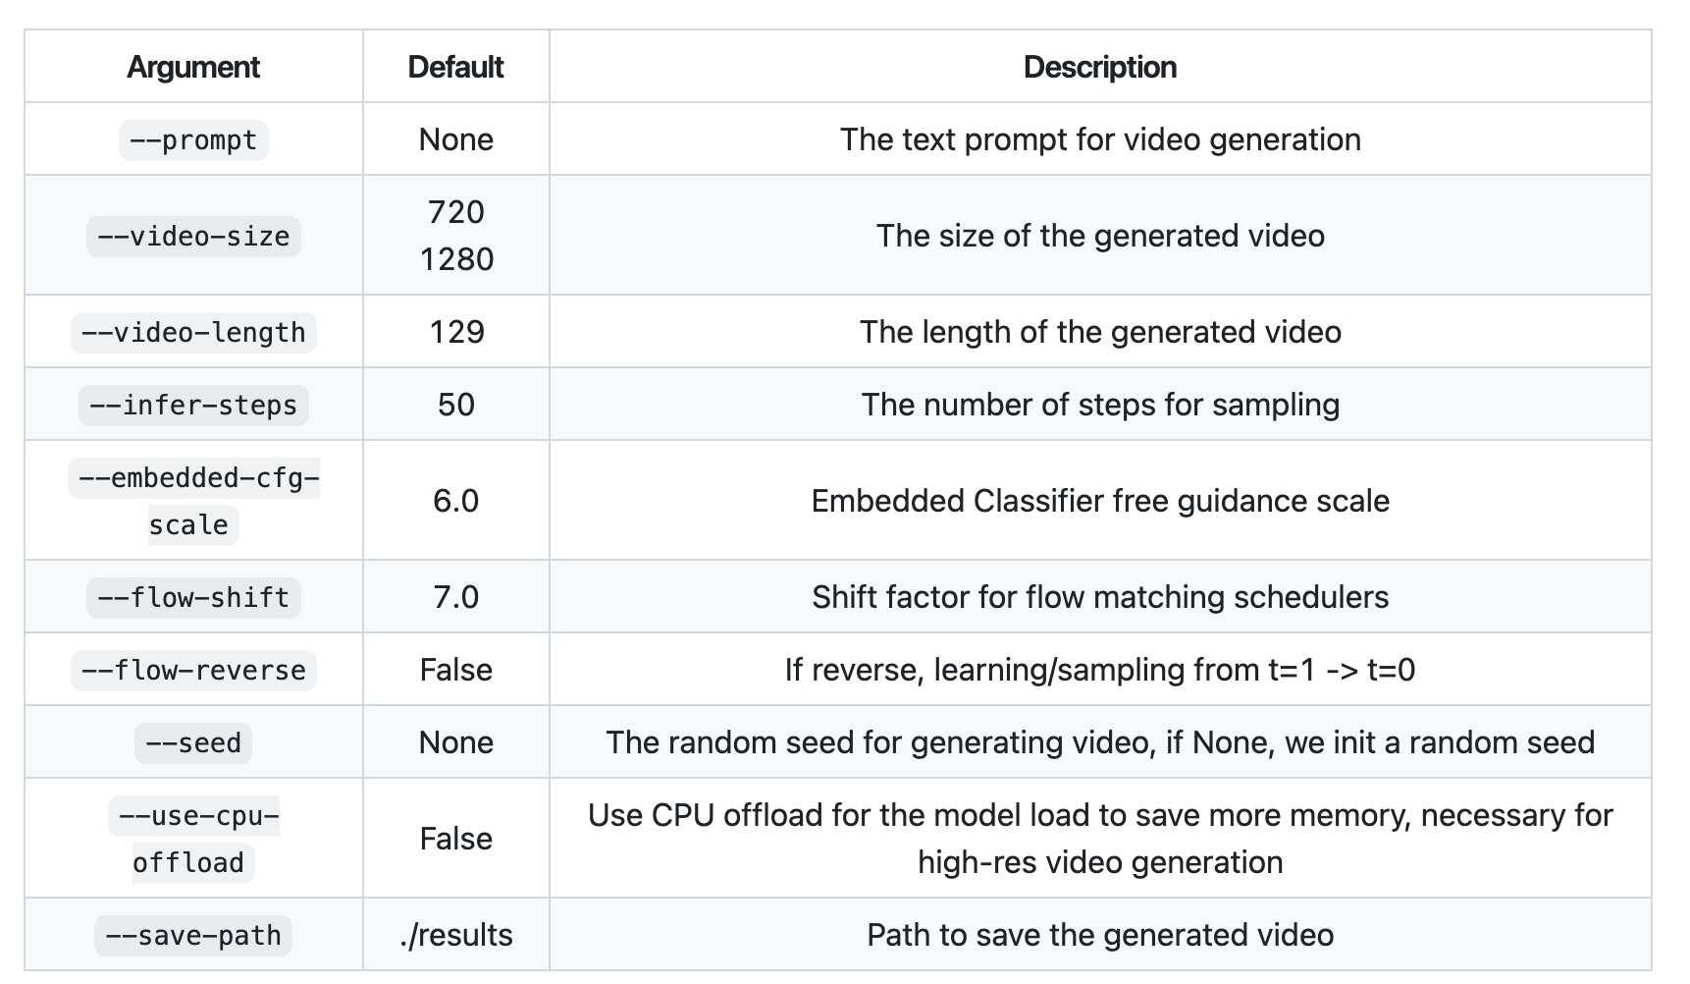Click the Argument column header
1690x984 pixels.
(193, 67)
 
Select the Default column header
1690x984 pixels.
(455, 67)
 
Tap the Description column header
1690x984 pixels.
(1099, 67)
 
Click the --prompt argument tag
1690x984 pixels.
(193, 139)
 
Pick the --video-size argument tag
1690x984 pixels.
(193, 236)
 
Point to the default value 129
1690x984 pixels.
(456, 332)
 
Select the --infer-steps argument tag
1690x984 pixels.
(193, 405)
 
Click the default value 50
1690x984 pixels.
(456, 405)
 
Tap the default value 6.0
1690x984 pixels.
(456, 501)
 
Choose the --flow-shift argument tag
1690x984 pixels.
(193, 597)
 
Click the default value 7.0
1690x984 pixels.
(456, 597)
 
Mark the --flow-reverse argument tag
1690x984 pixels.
(193, 670)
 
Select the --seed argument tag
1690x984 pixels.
(193, 742)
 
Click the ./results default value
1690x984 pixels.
(456, 935)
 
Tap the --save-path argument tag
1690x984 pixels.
(193, 935)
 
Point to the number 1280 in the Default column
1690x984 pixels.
(456, 259)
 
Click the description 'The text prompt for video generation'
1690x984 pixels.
(1099, 139)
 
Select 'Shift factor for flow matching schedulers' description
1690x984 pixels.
(1099, 597)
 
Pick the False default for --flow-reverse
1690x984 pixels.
(456, 670)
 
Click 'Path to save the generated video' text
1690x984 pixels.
(1099, 935)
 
